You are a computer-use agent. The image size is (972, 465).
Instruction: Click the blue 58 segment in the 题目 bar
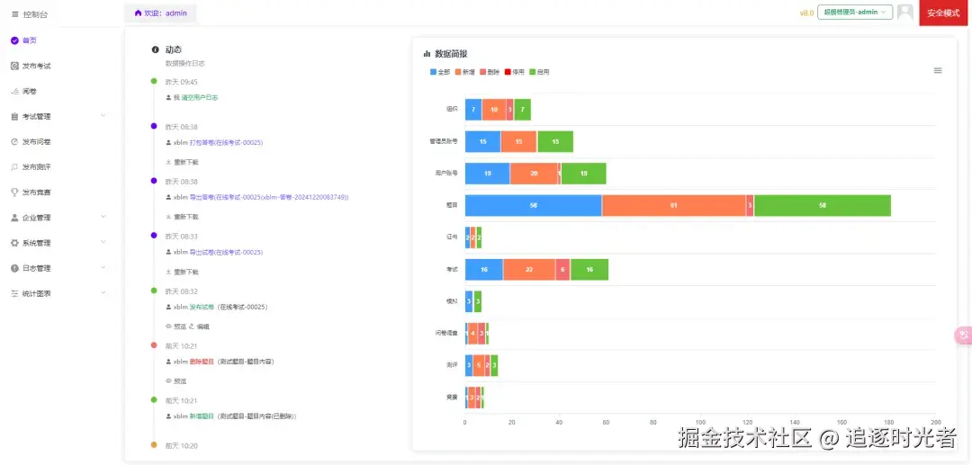tap(533, 205)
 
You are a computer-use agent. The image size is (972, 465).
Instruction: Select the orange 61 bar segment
tap(674, 205)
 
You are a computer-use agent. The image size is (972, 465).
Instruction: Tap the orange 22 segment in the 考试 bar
tap(529, 269)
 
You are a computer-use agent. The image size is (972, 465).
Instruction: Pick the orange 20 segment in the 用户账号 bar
tap(534, 174)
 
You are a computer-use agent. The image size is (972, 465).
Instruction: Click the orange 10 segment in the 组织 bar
tap(494, 110)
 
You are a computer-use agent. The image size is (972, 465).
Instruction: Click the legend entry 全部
tap(440, 72)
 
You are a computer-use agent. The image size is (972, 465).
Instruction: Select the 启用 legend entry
tap(538, 72)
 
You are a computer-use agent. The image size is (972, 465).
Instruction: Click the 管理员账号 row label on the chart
tap(444, 141)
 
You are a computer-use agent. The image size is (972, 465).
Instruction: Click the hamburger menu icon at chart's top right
tap(938, 70)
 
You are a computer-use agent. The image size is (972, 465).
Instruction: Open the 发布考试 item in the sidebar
tap(36, 66)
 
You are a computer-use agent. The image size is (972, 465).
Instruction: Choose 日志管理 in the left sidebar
tap(36, 268)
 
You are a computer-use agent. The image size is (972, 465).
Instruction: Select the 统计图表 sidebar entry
tap(36, 293)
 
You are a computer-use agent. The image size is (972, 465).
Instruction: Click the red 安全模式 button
tap(944, 13)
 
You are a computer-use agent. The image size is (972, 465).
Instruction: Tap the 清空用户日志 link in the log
tap(200, 97)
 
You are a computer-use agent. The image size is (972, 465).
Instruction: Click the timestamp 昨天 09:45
tap(181, 82)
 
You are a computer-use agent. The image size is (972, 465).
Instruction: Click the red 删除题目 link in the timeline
tap(201, 362)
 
